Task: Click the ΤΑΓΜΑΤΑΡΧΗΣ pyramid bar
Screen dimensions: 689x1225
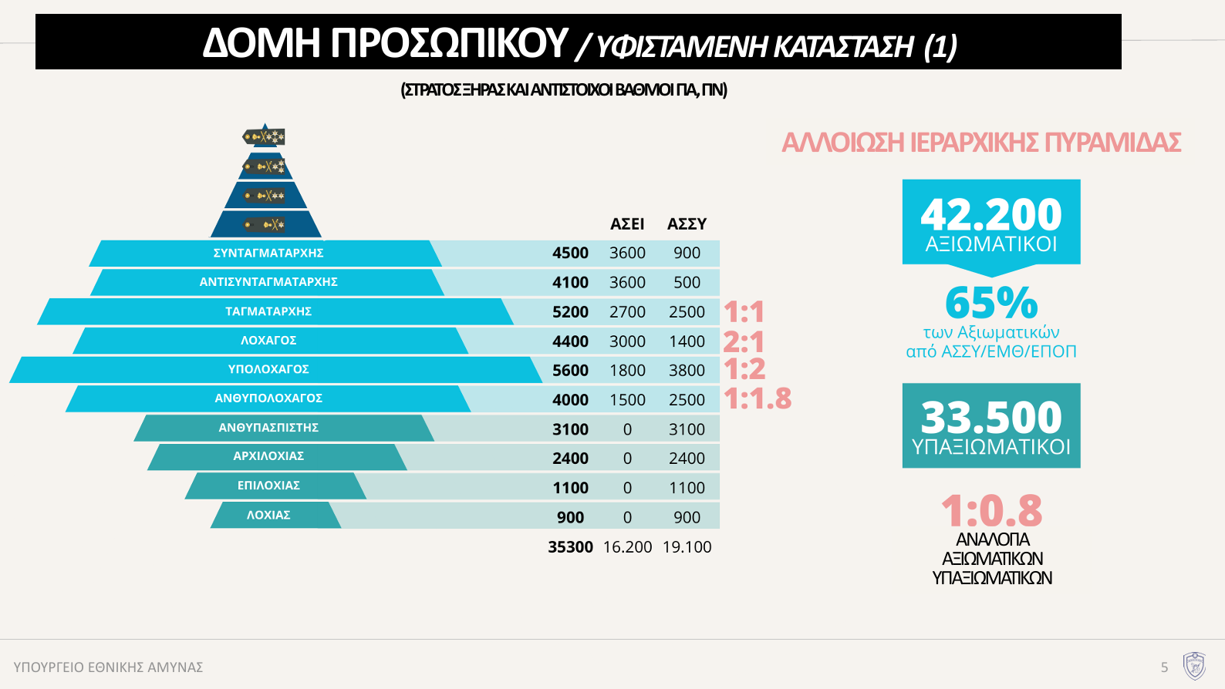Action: [268, 311]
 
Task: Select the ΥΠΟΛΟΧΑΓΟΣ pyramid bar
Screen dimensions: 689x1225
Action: [268, 370]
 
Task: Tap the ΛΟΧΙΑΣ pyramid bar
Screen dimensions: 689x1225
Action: [268, 515]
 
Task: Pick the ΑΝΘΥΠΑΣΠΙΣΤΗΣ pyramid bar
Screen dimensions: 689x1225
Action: [268, 428]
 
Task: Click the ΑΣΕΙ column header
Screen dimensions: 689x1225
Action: [627, 224]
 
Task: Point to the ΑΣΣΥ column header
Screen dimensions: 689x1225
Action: [687, 224]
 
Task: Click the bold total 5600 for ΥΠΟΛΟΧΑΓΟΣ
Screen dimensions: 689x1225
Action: [570, 371]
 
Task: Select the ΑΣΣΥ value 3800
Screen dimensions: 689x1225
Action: [687, 371]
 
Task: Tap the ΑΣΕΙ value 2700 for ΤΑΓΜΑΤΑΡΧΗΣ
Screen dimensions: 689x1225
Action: [627, 312]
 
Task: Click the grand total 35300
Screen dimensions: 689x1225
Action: [570, 547]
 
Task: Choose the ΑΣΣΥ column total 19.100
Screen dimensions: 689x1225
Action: [687, 547]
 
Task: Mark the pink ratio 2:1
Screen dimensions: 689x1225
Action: [744, 341]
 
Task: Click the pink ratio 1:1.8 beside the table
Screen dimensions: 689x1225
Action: [758, 398]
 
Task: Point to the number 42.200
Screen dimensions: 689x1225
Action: [991, 214]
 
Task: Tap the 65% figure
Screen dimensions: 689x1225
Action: [991, 303]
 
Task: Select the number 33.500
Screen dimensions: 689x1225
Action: [991, 418]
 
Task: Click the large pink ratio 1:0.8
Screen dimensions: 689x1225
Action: [991, 510]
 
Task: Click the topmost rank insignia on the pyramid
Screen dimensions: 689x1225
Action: [265, 137]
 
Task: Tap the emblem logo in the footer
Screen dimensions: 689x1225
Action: [1194, 666]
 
